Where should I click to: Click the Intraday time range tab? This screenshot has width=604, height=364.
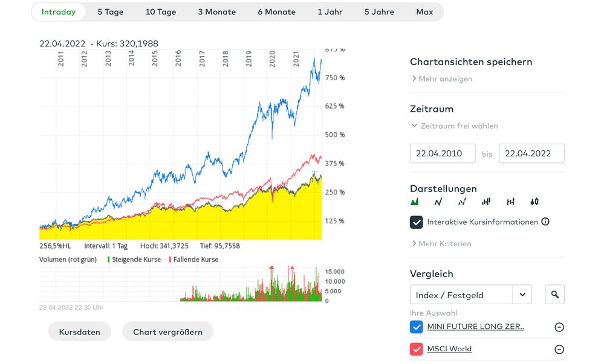(59, 12)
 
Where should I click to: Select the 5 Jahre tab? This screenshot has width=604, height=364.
(379, 12)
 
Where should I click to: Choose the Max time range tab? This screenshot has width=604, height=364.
(424, 12)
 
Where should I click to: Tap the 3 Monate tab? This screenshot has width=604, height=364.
(216, 12)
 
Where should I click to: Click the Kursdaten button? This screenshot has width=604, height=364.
(79, 332)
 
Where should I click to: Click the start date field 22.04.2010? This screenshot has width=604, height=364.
(443, 153)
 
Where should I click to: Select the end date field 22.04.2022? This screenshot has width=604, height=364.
(531, 153)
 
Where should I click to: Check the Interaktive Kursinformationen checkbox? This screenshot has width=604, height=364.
(416, 222)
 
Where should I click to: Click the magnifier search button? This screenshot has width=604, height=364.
(554, 295)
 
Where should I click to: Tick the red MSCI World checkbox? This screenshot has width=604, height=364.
(416, 349)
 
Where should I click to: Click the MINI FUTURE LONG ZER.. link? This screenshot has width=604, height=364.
(475, 327)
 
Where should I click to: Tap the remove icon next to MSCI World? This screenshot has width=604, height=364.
(559, 350)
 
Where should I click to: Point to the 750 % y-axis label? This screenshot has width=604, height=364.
(334, 78)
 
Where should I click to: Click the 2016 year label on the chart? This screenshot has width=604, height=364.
(178, 58)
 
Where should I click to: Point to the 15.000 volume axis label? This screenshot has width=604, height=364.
(335, 272)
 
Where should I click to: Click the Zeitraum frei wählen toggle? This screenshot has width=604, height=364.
(455, 126)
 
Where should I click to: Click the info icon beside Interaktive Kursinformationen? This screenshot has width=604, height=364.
(545, 222)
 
